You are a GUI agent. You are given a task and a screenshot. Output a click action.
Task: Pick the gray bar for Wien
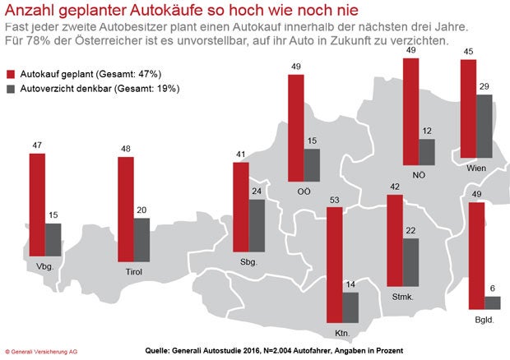click(x=485, y=126)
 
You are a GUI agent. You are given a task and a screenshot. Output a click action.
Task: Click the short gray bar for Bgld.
click(x=493, y=302)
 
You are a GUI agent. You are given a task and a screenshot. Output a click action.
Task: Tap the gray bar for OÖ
click(x=312, y=164)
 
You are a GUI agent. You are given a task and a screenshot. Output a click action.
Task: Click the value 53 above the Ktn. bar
click(x=333, y=200)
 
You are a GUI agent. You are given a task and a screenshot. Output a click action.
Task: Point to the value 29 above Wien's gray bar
click(x=485, y=86)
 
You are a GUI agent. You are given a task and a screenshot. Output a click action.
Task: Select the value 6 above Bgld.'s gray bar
click(x=493, y=288)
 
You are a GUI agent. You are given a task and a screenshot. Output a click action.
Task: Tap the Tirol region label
click(x=135, y=268)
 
